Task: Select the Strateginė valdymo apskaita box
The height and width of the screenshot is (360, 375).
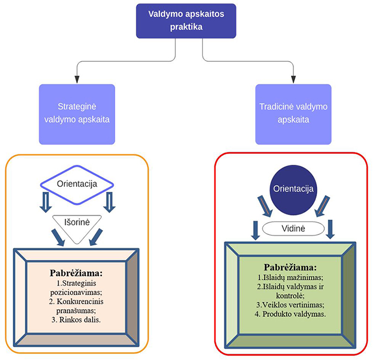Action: pos(77,114)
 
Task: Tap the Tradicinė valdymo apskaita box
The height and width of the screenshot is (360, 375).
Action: pos(293,114)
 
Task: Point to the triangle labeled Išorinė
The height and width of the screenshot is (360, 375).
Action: pos(77,225)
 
